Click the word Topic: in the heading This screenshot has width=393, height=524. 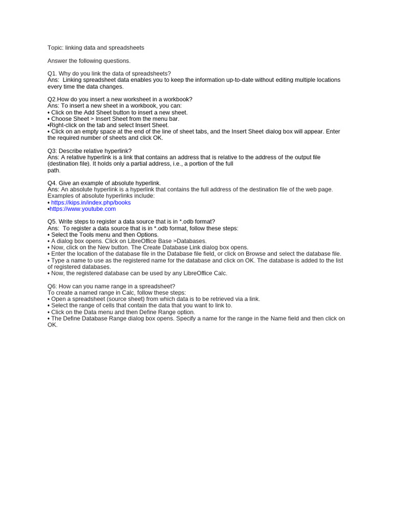click(55, 48)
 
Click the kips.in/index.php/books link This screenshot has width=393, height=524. click(91, 203)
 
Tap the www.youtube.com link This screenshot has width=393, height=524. click(82, 209)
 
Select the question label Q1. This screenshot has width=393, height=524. click(52, 74)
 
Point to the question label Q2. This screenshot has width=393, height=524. click(52, 99)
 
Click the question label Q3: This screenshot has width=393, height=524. click(53, 151)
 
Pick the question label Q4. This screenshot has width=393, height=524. click(52, 183)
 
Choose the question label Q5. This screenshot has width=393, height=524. click(52, 222)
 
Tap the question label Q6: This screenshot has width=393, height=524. click(53, 286)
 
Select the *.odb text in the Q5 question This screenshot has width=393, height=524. click(187, 222)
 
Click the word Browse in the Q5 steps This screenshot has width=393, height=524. click(255, 254)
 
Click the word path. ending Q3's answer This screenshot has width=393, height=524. click(54, 170)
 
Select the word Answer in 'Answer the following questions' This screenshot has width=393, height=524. click(57, 61)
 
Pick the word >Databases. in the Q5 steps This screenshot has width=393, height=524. click(190, 241)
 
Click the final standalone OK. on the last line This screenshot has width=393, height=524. click(53, 325)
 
